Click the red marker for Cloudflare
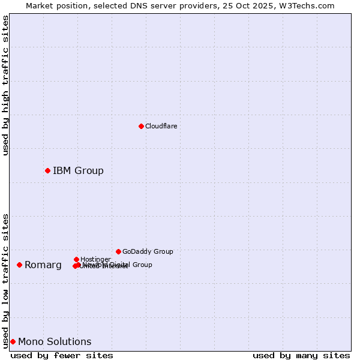(141, 126)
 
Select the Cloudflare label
(161, 126)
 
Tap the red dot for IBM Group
(47, 171)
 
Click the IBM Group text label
(78, 171)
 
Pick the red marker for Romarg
(19, 265)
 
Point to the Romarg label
(43, 265)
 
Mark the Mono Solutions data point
(13, 341)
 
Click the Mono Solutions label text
(55, 342)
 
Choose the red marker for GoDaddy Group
(118, 251)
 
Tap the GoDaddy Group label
(148, 251)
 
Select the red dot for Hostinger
(76, 259)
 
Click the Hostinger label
(95, 259)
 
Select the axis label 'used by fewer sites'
(62, 355)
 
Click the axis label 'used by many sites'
(301, 355)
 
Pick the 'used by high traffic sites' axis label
(5, 85)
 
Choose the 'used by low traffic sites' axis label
(5, 280)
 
